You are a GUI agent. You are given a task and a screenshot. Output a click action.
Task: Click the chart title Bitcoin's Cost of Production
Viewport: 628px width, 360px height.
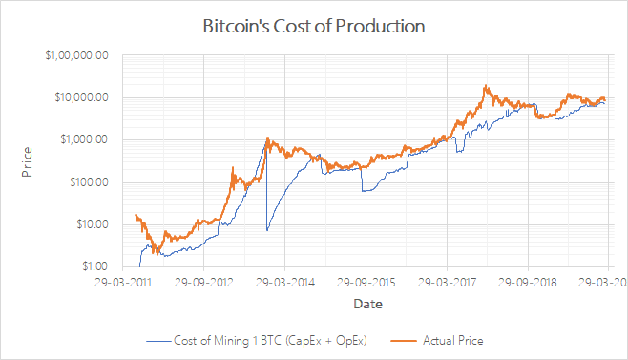pos(314,26)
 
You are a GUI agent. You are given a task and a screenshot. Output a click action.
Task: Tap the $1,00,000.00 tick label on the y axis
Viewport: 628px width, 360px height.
pos(77,55)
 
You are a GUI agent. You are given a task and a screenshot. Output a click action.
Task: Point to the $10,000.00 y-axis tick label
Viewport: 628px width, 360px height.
pos(80,97)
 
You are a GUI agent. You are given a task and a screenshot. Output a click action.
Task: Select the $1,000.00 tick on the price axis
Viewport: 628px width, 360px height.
pos(84,139)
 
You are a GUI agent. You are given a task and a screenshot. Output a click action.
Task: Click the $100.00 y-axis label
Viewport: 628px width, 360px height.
pos(88,181)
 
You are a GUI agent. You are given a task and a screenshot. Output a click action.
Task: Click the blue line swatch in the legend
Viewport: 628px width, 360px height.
pos(157,340)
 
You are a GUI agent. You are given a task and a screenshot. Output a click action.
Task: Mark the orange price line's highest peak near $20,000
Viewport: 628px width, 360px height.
pos(487,86)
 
